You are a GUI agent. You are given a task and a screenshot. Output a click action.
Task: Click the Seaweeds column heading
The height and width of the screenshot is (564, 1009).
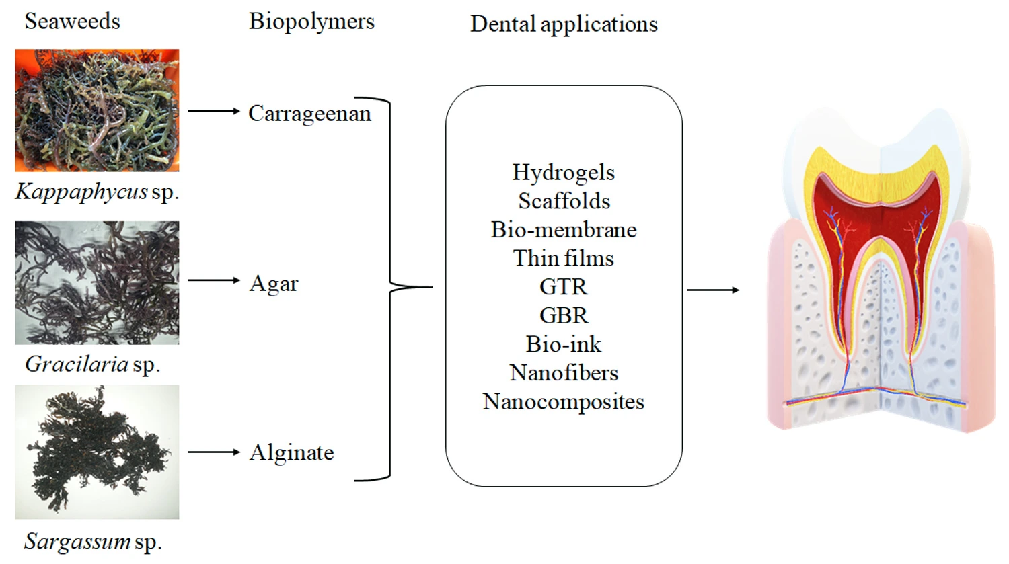point(72,22)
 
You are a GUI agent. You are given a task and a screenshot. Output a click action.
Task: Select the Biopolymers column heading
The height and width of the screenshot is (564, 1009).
point(311,22)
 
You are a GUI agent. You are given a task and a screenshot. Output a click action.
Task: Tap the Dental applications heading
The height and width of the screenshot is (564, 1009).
point(564,24)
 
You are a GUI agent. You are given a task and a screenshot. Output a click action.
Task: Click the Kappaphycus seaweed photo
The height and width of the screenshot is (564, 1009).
point(97,110)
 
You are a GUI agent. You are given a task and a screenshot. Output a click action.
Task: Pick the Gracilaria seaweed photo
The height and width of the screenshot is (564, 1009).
point(97,282)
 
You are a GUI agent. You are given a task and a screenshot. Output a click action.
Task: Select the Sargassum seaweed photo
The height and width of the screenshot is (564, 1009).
point(97,452)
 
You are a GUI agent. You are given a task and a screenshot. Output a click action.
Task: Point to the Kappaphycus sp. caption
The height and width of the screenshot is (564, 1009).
point(97,192)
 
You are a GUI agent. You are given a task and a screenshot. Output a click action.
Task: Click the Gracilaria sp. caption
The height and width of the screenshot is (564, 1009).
point(92,364)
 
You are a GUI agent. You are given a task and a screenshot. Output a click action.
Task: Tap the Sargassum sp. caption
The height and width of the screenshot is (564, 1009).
point(93,541)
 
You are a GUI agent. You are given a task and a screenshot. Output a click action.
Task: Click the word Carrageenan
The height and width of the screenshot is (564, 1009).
point(309,114)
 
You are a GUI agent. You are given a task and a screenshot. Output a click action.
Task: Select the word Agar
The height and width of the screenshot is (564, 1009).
point(273,284)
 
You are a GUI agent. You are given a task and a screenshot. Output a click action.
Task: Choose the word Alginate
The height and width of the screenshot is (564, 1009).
point(291,453)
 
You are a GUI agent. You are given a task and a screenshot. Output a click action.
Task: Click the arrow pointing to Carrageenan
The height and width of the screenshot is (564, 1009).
point(213,111)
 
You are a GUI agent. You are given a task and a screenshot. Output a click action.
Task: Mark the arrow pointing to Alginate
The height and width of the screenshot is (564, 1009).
point(213,452)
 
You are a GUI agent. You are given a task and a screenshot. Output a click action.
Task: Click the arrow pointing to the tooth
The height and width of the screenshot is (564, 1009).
point(713,290)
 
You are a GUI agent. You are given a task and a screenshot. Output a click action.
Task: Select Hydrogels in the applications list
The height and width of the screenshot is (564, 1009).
point(563,173)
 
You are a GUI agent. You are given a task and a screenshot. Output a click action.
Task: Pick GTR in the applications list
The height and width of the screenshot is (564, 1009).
point(563,287)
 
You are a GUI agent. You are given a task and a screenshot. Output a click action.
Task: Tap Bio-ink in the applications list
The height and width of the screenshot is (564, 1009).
point(563,344)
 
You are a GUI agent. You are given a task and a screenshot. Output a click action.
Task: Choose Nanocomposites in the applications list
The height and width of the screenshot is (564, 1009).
point(563,402)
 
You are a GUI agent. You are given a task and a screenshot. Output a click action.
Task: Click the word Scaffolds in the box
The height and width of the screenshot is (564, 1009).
point(564,201)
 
